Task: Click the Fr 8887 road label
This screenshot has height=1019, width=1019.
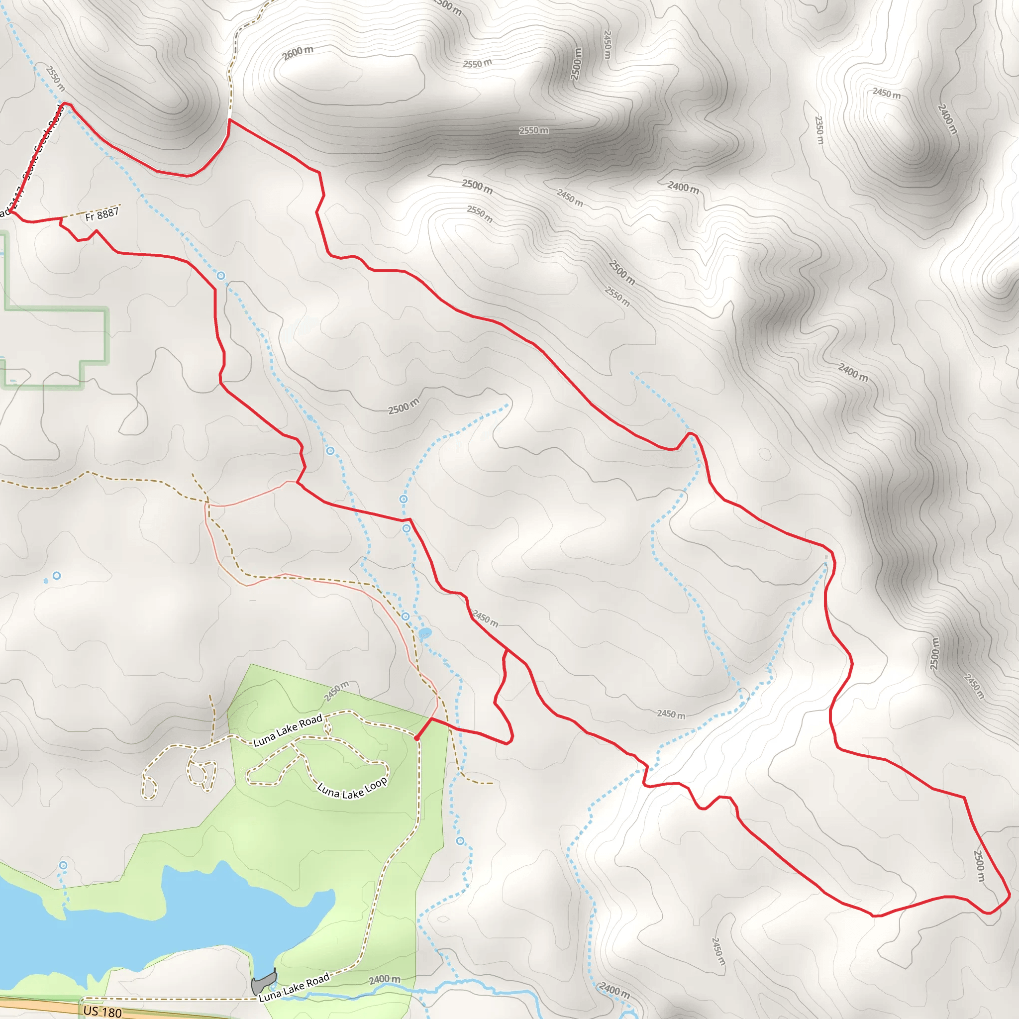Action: (102, 214)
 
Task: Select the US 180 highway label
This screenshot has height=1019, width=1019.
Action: (102, 1012)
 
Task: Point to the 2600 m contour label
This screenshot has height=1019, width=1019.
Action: (298, 53)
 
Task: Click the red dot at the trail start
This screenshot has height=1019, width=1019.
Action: (416, 738)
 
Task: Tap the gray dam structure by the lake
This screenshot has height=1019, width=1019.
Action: (263, 983)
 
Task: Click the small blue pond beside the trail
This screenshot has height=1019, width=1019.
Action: (425, 632)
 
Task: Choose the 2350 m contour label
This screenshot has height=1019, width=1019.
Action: (818, 130)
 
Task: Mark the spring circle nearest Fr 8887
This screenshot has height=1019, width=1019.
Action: (221, 275)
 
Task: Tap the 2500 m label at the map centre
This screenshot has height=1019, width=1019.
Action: (404, 406)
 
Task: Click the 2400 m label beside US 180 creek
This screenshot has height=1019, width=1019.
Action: (385, 979)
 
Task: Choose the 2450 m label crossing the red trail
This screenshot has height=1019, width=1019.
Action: (485, 618)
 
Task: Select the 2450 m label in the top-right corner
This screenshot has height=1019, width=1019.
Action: (886, 94)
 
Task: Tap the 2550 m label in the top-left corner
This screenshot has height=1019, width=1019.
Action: (55, 78)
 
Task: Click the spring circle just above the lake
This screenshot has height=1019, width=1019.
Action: (63, 865)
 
